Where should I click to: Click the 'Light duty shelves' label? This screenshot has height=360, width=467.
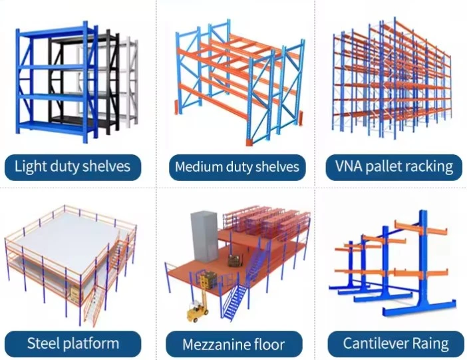point(73,166)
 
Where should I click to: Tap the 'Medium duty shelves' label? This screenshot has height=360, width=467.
point(237,167)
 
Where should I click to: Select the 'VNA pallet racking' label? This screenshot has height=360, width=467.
point(394,166)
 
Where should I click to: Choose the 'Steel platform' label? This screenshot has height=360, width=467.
point(73,343)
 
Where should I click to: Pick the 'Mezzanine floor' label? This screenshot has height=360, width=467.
point(234,344)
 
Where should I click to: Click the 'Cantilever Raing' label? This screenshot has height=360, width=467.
point(396,343)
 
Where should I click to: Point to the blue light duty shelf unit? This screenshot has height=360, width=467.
point(57,81)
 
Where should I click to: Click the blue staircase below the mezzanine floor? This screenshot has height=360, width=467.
point(235,301)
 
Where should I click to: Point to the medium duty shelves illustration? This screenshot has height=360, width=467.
point(239,83)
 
